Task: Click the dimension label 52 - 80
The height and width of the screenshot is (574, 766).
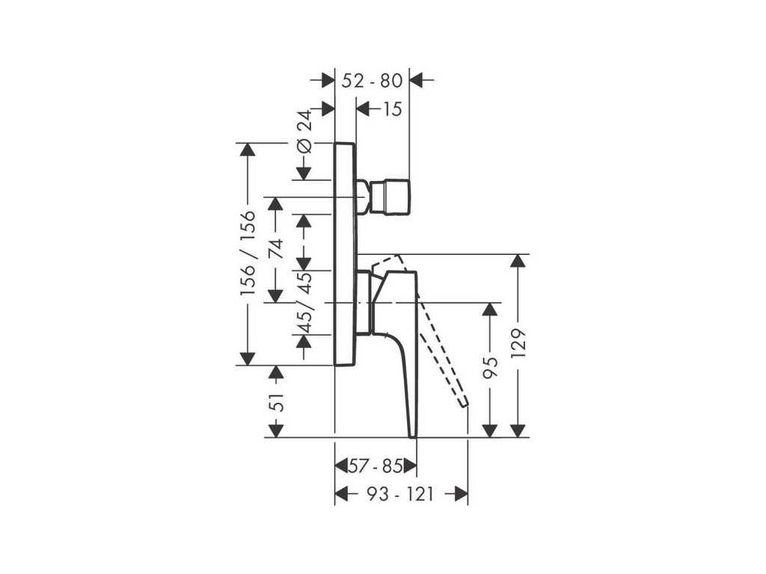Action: pos(372,80)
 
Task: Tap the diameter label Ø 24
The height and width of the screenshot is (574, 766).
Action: pos(304,132)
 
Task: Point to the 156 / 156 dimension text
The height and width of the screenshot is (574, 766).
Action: pos(248,253)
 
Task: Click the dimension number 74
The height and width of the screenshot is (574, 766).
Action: pos(276,249)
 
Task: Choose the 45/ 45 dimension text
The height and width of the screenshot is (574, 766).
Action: pos(304,302)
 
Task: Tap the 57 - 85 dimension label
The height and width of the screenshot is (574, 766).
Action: pos(376,467)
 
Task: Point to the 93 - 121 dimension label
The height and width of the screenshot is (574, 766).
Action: pos(399,494)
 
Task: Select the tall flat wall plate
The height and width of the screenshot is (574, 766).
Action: pos(345,254)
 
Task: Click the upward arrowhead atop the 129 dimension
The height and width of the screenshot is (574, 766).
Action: pos(518,263)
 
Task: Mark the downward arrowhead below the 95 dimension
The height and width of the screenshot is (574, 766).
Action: pos(490,430)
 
